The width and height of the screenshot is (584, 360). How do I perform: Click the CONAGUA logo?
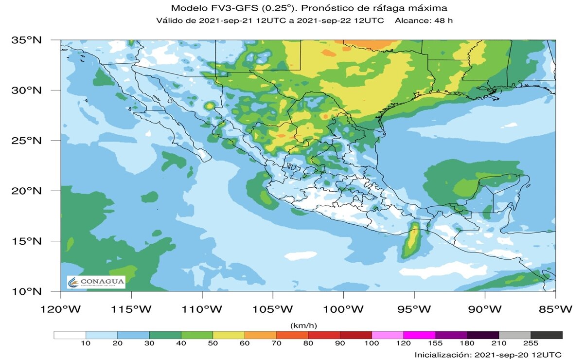pyautogui.click(x=96, y=282)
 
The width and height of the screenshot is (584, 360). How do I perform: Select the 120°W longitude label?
pyautogui.click(x=61, y=309)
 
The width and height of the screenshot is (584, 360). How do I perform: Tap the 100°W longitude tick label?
pyautogui.click(x=343, y=309)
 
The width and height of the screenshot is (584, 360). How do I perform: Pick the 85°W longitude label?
pyautogui.click(x=555, y=309)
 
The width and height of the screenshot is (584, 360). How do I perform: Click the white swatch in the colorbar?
pyautogui.click(x=70, y=335)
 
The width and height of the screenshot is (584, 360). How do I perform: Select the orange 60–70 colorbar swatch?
pyautogui.click(x=260, y=335)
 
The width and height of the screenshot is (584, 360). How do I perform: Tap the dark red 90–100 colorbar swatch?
pyautogui.click(x=355, y=335)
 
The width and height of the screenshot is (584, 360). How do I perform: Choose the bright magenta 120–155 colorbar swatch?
pyautogui.click(x=419, y=335)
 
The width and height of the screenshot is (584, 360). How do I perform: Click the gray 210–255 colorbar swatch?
pyautogui.click(x=514, y=335)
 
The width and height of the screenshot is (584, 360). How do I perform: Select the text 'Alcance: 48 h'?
pyautogui.click(x=424, y=20)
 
